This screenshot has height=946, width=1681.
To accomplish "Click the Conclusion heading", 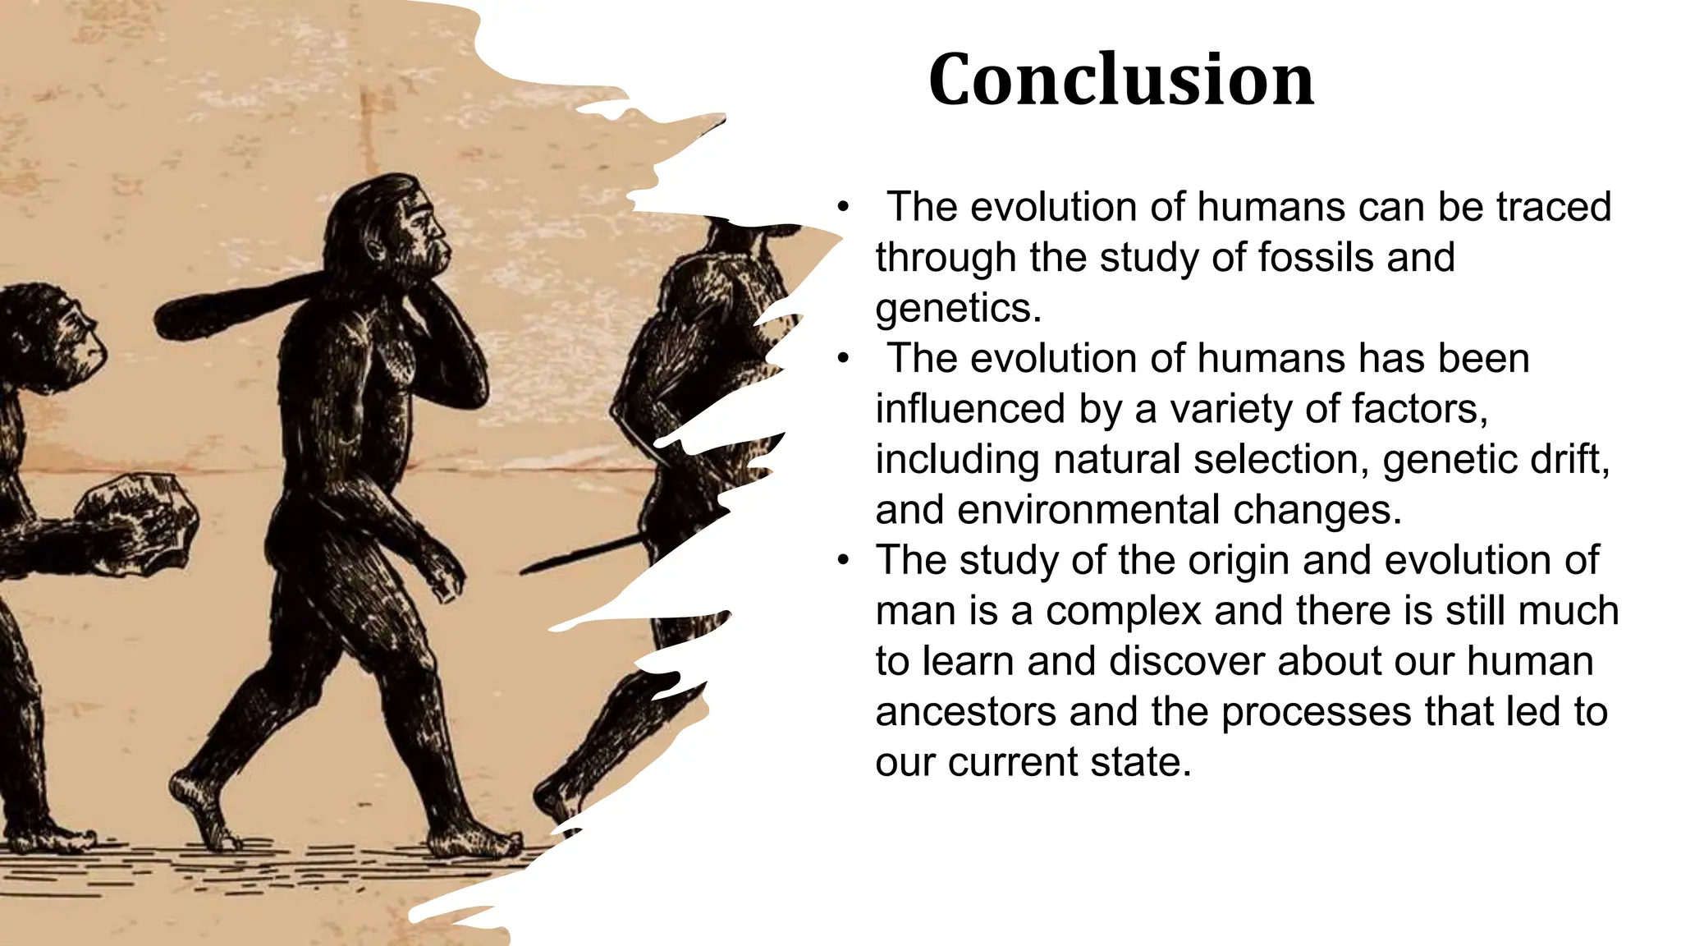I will point(1120,80).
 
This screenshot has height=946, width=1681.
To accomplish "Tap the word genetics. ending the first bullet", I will point(958,308).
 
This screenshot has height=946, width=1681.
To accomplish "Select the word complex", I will point(1124,612).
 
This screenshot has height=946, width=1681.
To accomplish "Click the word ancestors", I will point(965,711).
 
